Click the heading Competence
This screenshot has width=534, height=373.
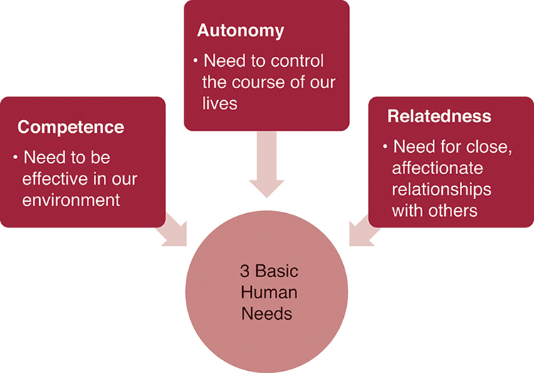point(70,127)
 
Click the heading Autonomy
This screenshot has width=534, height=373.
point(240,31)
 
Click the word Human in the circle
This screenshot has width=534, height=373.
point(268,292)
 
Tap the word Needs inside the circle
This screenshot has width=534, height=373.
point(268,313)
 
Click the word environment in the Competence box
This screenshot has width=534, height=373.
point(70,200)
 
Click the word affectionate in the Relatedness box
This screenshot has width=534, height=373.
point(437,168)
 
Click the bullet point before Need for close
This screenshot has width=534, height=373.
point(385,147)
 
